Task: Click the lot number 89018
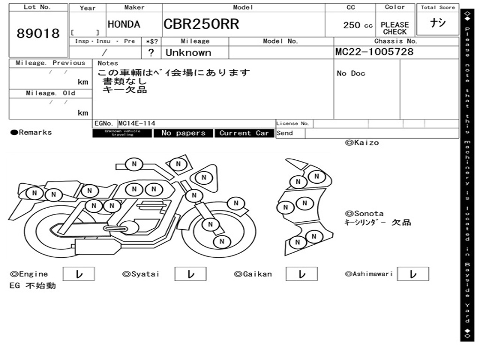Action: pos(38,34)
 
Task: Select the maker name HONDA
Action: pos(124,25)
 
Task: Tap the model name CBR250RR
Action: pos(201,24)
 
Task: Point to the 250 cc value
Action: pos(358,25)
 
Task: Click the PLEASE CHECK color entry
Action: pos(395,28)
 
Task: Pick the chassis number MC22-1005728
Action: pos(375,52)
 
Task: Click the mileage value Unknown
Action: pos(188,52)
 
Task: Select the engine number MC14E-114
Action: pos(137,123)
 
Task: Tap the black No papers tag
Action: pos(183,133)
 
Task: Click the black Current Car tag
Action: pos(244,133)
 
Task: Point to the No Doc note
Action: pos(351,73)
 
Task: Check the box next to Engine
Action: pos(78,274)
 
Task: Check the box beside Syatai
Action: pos(191,274)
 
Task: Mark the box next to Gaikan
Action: pos(301,274)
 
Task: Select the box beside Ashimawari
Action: pos(413,274)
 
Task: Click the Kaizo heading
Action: pos(362,142)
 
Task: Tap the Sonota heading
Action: pos(364,213)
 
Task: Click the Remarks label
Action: pos(32,132)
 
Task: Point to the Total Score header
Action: pos(438,7)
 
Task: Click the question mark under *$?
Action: pos(151,52)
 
